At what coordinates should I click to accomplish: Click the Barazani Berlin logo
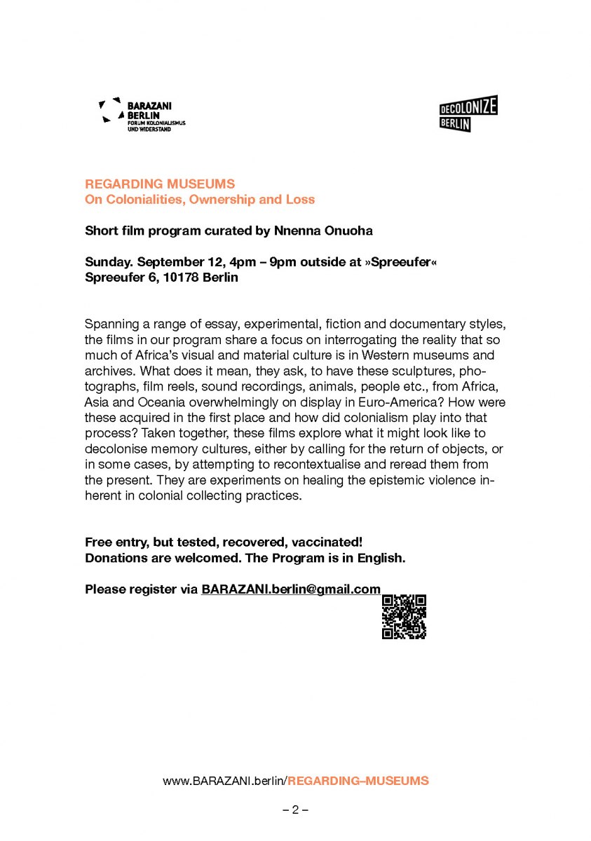click(x=142, y=115)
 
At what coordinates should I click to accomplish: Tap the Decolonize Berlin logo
click(x=468, y=114)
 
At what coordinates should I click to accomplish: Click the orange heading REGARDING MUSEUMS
click(x=160, y=184)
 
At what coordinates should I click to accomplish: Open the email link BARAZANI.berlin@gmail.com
click(x=291, y=589)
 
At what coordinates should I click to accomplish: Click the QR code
click(x=404, y=617)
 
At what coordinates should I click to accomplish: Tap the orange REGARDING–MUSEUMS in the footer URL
click(x=358, y=781)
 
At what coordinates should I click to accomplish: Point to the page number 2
click(x=295, y=810)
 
